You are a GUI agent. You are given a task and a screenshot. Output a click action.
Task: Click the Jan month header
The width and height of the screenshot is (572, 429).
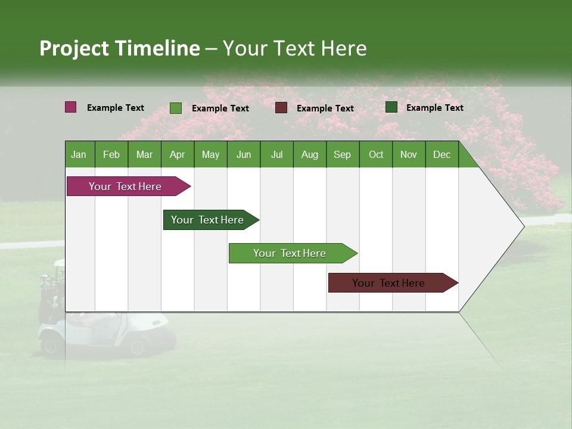pyautogui.click(x=79, y=154)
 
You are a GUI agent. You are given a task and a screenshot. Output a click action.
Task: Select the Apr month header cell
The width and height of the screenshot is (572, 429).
pyautogui.click(x=178, y=154)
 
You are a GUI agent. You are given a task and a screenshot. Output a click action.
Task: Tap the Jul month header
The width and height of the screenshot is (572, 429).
pyautogui.click(x=276, y=154)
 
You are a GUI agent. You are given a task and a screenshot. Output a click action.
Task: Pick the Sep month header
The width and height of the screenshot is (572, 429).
pyautogui.click(x=342, y=154)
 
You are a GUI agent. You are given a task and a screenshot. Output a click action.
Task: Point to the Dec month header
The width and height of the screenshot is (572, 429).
pyautogui.click(x=442, y=154)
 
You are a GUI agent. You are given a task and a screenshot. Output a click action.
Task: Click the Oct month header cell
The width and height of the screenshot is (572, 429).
pyautogui.click(x=376, y=154)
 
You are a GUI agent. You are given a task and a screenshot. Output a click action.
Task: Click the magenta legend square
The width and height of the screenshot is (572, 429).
pyautogui.click(x=70, y=107)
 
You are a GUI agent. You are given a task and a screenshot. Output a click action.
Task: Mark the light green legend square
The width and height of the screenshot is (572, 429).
pyautogui.click(x=176, y=108)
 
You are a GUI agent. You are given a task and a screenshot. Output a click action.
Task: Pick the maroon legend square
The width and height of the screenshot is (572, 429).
pyautogui.click(x=281, y=108)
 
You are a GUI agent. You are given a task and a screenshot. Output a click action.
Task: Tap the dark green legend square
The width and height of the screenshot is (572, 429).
pyautogui.click(x=391, y=107)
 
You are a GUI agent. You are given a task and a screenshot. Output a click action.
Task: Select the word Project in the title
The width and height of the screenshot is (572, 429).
pyautogui.click(x=74, y=48)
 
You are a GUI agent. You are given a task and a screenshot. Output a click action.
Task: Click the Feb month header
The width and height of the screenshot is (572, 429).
pyautogui.click(x=111, y=154)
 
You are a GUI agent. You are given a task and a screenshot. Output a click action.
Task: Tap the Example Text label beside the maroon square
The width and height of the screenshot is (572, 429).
pyautogui.click(x=325, y=108)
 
